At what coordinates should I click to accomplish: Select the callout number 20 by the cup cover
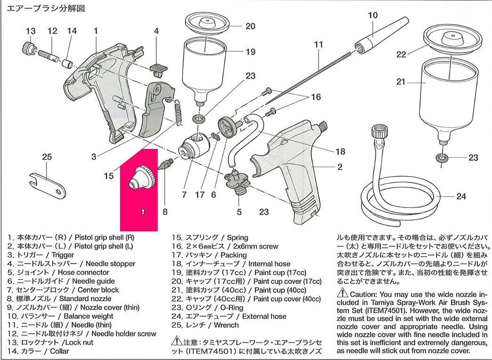250,26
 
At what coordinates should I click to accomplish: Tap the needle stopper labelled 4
157,68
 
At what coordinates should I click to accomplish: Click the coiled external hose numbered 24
400,188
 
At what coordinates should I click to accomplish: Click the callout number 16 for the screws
315,98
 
